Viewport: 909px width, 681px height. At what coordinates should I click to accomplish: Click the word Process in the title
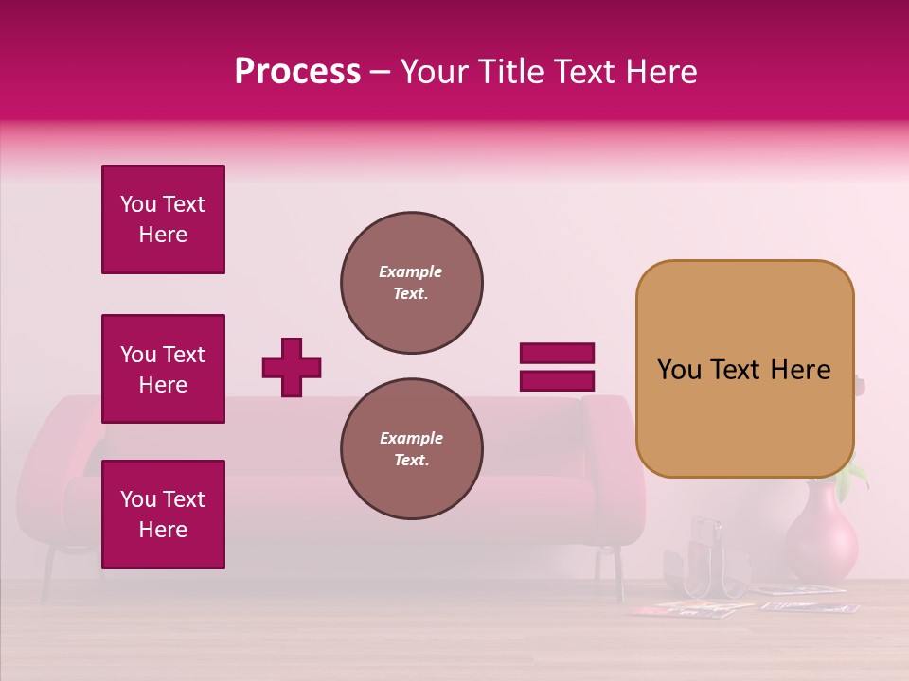click(x=297, y=72)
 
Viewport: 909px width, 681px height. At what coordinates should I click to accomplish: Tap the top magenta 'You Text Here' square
click(x=163, y=219)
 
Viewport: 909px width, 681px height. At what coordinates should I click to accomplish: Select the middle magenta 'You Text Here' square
click(x=163, y=369)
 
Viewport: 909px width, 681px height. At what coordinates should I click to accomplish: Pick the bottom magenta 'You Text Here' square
click(x=163, y=515)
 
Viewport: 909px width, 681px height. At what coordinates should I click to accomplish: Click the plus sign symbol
click(x=292, y=367)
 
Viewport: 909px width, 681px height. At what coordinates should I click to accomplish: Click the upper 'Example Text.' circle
click(x=412, y=283)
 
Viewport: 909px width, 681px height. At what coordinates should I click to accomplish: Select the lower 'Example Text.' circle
click(x=412, y=449)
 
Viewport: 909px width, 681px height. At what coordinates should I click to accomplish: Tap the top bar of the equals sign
click(x=557, y=354)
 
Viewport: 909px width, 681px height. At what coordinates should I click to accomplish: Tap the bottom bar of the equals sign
click(x=557, y=380)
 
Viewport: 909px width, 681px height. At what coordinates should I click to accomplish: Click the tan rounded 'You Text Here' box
click(x=744, y=369)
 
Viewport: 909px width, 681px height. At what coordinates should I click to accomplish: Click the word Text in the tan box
click(x=743, y=370)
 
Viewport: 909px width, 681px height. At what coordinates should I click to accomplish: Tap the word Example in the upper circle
click(x=411, y=272)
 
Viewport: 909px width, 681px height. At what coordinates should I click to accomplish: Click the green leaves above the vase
click(x=857, y=473)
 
